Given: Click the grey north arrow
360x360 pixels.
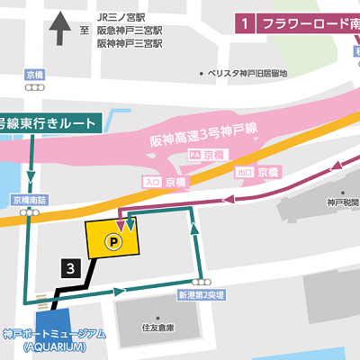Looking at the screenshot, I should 61,28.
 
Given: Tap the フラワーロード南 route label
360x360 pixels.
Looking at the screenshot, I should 306,24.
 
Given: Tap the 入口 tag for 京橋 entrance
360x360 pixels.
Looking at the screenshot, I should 150,182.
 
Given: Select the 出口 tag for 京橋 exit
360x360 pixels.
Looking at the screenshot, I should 244,171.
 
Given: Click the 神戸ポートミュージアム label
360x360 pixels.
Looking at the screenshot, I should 55,335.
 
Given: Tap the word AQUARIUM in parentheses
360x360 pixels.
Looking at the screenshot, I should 55,347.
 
